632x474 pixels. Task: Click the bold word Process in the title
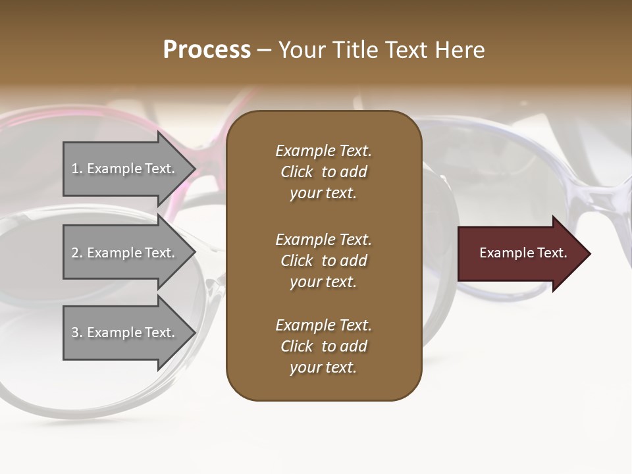pyautogui.click(x=207, y=50)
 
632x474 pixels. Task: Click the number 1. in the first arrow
pyautogui.click(x=77, y=169)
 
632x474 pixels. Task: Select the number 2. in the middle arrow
pyautogui.click(x=77, y=253)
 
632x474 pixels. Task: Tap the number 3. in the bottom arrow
pyautogui.click(x=77, y=332)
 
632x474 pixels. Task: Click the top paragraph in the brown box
pyautogui.click(x=323, y=172)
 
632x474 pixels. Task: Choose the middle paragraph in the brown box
pyautogui.click(x=323, y=261)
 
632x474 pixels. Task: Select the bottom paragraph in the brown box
pyautogui.click(x=323, y=346)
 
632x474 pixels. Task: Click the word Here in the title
pyautogui.click(x=461, y=50)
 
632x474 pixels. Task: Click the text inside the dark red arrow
pyautogui.click(x=523, y=253)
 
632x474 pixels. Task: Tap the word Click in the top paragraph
pyautogui.click(x=297, y=172)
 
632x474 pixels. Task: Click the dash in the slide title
pyautogui.click(x=264, y=50)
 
